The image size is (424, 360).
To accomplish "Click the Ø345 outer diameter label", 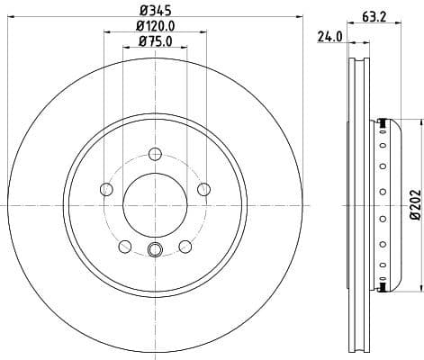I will pos(154,9).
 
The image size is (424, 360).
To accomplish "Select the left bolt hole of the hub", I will pos(106,188).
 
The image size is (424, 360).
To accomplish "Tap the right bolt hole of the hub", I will pos(203,188).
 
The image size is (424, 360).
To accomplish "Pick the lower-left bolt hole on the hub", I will pos(124,245).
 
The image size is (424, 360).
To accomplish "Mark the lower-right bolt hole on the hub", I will pos(185,245).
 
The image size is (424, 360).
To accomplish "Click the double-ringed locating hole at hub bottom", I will pos(154,251).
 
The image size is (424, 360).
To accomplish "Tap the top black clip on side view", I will pos(384,123).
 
